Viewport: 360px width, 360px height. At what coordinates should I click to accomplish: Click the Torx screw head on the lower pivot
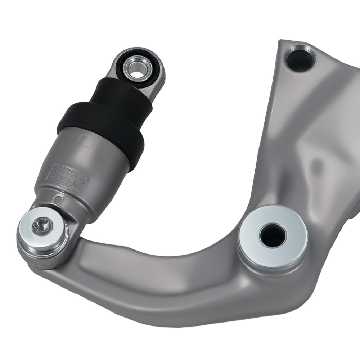[42, 226]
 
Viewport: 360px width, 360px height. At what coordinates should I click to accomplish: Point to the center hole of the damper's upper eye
[136, 68]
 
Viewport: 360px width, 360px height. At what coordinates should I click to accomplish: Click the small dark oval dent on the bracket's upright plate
[317, 165]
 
